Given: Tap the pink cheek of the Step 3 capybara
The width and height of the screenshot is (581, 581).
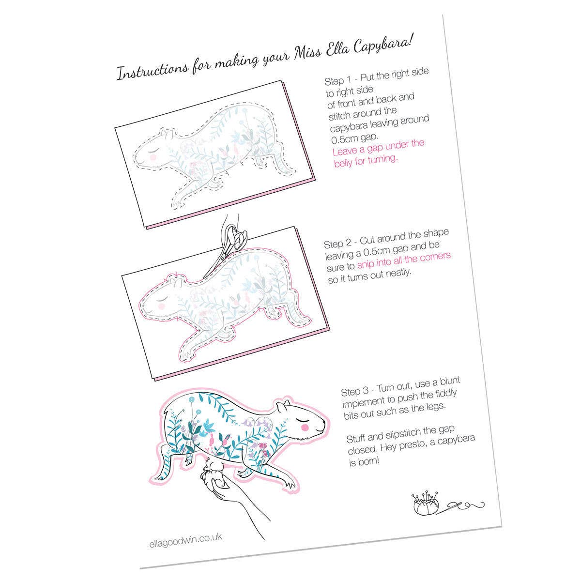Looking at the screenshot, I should tap(305, 426).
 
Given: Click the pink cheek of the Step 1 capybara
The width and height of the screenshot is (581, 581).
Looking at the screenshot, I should tap(153, 156).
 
